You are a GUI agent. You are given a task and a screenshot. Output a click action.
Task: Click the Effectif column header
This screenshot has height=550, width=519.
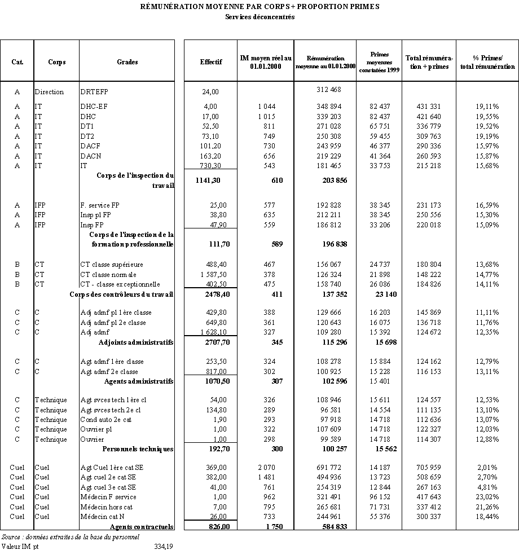click(x=210, y=61)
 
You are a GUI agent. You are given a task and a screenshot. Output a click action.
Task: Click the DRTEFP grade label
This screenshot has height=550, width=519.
click(x=94, y=92)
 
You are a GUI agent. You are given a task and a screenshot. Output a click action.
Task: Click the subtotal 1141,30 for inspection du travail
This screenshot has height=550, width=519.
click(x=212, y=181)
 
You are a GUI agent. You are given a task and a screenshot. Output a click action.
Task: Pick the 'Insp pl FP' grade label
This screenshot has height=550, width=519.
click(x=96, y=215)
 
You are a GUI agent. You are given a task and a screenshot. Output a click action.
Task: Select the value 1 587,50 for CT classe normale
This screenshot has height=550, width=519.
click(x=211, y=274)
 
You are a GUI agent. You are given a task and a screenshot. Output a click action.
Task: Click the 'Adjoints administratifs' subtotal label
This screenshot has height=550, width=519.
click(x=136, y=342)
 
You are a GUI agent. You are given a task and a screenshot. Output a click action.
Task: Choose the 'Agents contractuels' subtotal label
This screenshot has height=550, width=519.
click(x=142, y=527)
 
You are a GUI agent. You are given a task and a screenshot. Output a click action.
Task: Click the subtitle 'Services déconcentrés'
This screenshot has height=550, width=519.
click(x=259, y=17)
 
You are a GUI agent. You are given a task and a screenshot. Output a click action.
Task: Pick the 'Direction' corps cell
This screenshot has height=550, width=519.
click(x=49, y=92)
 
